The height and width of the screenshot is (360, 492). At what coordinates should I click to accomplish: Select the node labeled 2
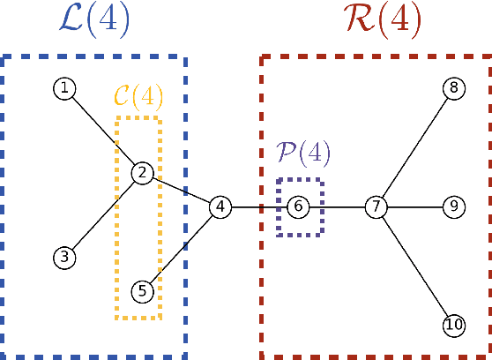pos(142,173)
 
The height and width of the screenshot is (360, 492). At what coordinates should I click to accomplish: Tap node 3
pos(63,258)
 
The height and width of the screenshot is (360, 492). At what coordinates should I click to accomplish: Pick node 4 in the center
pos(220,206)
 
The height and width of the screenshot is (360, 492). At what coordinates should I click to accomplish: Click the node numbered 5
pos(142,290)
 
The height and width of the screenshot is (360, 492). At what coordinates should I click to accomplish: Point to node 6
pos(298,206)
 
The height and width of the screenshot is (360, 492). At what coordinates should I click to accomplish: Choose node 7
pos(376,206)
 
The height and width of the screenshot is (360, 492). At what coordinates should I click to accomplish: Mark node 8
pos(453,87)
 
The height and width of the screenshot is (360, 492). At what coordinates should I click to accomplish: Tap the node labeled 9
pos(453,206)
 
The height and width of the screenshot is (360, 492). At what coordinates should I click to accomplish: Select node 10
pos(453,326)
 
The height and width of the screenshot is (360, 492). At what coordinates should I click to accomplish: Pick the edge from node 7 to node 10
pos(414,266)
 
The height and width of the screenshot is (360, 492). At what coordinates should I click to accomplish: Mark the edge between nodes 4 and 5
pos(181,248)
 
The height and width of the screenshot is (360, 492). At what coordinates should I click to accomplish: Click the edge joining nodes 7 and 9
pos(414,206)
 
